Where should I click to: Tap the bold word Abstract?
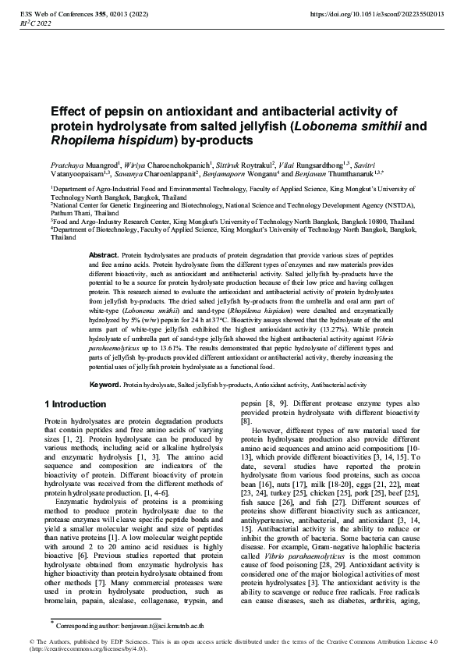point(104,255)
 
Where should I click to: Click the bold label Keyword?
point(105,385)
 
